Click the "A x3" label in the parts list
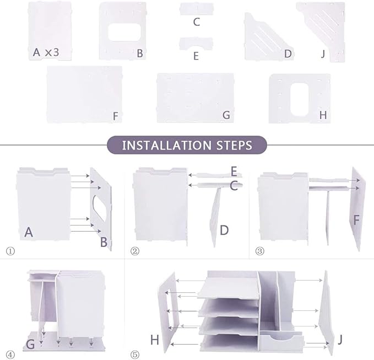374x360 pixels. [46, 52]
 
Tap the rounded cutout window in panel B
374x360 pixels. [124, 32]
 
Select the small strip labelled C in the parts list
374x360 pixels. [197, 9]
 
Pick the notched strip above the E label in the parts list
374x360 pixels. [196, 44]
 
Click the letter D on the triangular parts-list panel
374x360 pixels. [288, 53]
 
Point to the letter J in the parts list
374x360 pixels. [323, 54]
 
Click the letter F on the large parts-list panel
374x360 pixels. [116, 116]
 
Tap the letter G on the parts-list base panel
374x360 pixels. [226, 115]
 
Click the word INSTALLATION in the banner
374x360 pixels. [167, 146]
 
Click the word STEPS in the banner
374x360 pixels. [234, 146]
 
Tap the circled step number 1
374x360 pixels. [10, 251]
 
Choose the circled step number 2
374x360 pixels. [135, 251]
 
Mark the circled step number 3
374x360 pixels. [260, 251]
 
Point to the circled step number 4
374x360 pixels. [10, 354]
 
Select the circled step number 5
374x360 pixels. [135, 354]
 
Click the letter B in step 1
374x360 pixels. [104, 242]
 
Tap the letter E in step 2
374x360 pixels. [234, 171]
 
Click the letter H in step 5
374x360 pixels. [155, 340]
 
